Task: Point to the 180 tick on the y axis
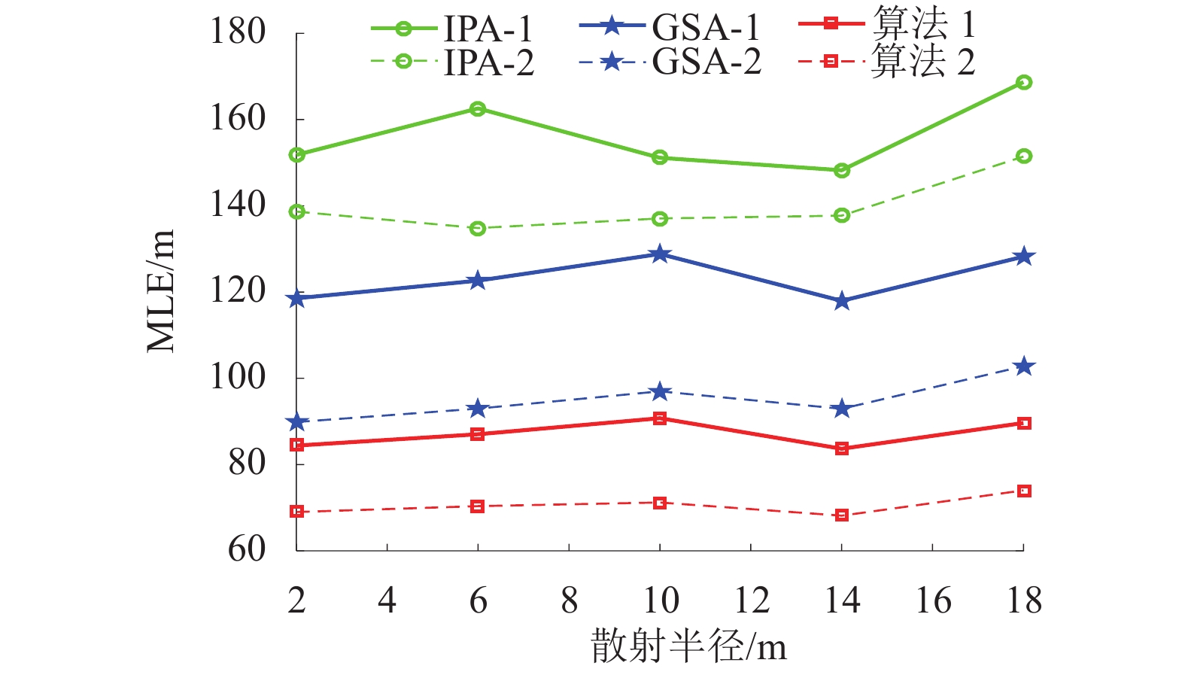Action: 238,32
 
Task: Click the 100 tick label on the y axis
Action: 238,377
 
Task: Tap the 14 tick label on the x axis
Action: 841,601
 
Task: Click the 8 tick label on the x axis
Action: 569,601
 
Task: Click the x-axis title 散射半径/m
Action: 688,646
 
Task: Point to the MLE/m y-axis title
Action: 160,291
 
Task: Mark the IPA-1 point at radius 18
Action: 1023,82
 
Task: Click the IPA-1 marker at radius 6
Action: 478,109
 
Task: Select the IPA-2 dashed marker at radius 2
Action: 297,211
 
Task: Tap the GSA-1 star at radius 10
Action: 660,254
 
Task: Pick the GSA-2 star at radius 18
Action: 1023,366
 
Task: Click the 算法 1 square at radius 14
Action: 841,448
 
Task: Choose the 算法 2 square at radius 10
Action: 660,503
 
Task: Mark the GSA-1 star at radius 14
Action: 841,301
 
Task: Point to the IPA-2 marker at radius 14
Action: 841,215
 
